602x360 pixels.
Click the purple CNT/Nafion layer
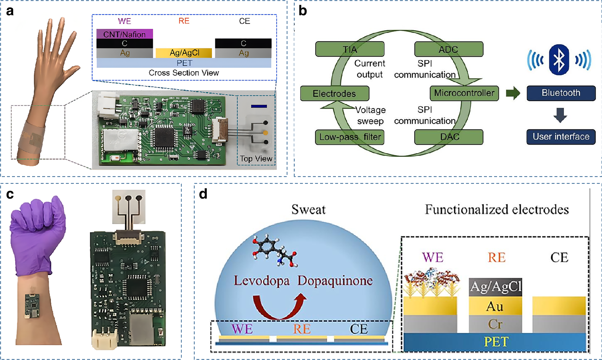tap(124, 34)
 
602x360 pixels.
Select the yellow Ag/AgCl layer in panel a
tap(184, 53)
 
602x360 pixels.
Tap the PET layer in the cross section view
tap(184, 63)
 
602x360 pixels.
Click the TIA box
tap(350, 49)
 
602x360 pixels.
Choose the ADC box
tap(448, 49)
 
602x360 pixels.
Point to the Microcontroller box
tap(464, 93)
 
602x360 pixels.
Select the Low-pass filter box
tap(350, 137)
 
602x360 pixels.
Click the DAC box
tap(448, 137)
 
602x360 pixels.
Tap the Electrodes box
tap(334, 93)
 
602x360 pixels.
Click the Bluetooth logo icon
tap(559, 60)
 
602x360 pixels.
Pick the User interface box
tap(561, 137)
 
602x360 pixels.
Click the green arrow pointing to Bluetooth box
tap(513, 93)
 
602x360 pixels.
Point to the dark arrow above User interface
tap(560, 115)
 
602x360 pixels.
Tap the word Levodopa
tap(262, 280)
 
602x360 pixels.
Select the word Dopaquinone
tap(335, 280)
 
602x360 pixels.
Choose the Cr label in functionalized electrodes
tap(495, 324)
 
